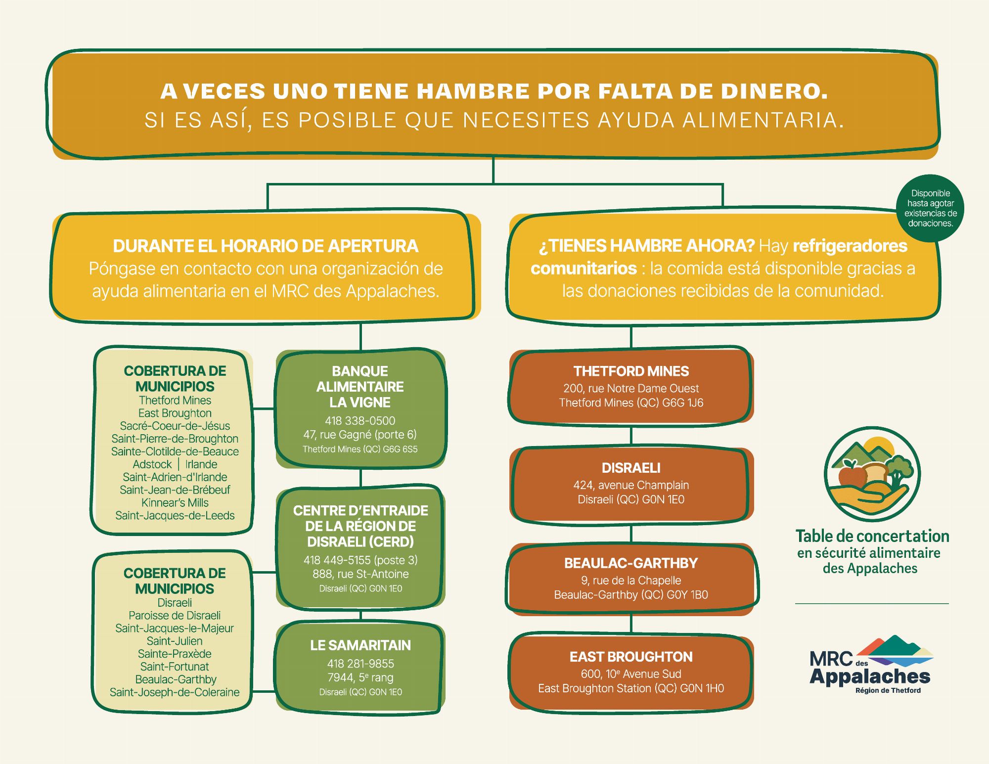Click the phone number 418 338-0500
tap(360, 421)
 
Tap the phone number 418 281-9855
tap(360, 664)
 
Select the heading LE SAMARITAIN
tap(360, 645)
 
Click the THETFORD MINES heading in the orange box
tap(631, 371)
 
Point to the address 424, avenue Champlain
tap(631, 485)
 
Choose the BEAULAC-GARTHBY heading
tap(631, 563)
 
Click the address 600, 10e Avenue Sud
tap(631, 674)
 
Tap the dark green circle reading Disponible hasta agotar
tap(930, 208)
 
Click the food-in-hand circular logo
tap(872, 474)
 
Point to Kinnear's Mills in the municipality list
tap(175, 503)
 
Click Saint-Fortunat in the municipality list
tap(175, 667)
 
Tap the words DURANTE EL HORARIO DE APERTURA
tap(266, 246)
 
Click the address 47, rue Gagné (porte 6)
tap(360, 435)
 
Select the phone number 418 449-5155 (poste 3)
tap(360, 560)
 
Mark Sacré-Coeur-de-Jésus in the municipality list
tap(175, 426)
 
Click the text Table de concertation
tap(872, 536)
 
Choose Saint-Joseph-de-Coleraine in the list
tap(175, 692)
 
